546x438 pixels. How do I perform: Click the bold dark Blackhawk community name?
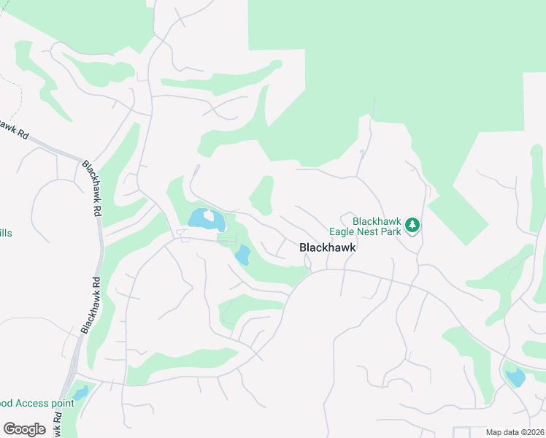[328, 247]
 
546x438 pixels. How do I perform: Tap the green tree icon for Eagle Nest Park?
[413, 226]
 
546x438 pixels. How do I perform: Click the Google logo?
[24, 429]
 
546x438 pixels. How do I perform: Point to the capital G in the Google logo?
[9, 429]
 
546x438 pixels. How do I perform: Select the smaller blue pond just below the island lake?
[242, 255]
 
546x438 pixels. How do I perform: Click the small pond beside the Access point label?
[80, 393]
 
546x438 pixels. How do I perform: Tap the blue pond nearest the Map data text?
[515, 377]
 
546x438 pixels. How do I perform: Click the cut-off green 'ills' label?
[5, 233]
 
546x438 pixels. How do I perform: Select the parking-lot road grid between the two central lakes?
[227, 238]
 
